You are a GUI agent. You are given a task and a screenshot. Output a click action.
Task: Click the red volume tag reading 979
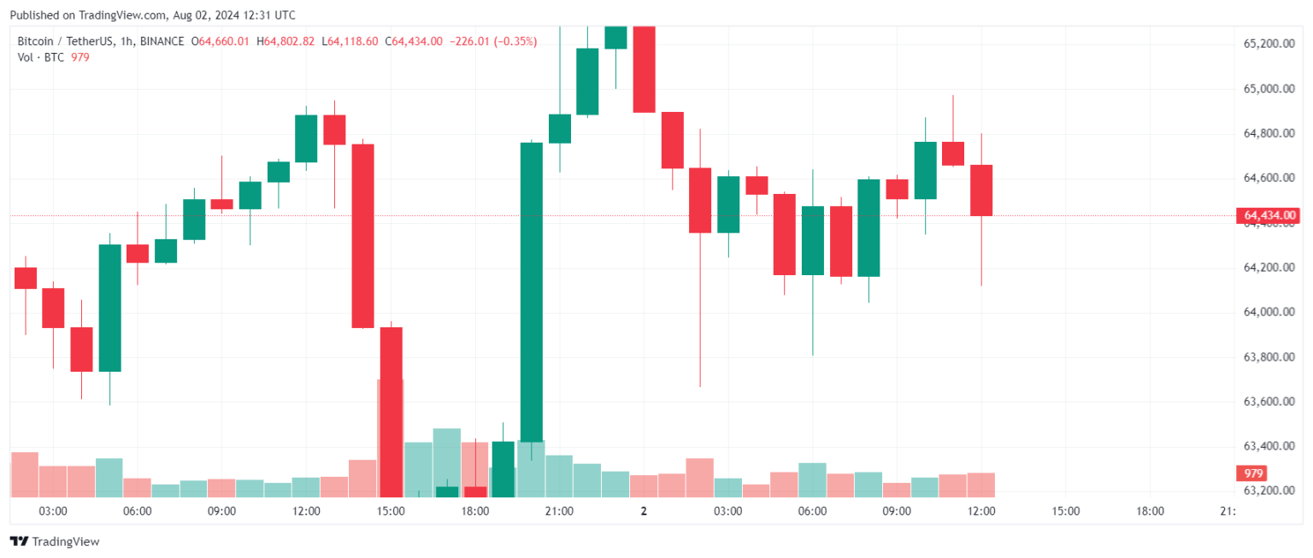[x=1254, y=473]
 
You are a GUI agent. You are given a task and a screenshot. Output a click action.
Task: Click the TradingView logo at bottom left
[x=55, y=542]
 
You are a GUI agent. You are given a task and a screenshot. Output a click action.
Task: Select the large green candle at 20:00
[x=532, y=291]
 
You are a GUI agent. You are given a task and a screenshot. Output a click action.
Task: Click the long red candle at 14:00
[x=363, y=236]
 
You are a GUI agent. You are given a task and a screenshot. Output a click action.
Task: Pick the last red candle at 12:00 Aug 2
[x=981, y=191]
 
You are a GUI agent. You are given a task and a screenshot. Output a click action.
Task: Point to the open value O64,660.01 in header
[x=220, y=41]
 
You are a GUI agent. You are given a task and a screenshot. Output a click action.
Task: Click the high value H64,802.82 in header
[x=286, y=41]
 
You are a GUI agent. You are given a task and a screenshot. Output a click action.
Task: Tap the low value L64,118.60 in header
[x=350, y=41]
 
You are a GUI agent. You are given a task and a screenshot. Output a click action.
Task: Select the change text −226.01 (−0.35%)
[x=493, y=41]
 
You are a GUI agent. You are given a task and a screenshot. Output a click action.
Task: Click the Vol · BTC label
[x=40, y=56]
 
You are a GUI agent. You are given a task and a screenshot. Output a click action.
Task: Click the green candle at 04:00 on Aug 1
[x=110, y=308]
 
